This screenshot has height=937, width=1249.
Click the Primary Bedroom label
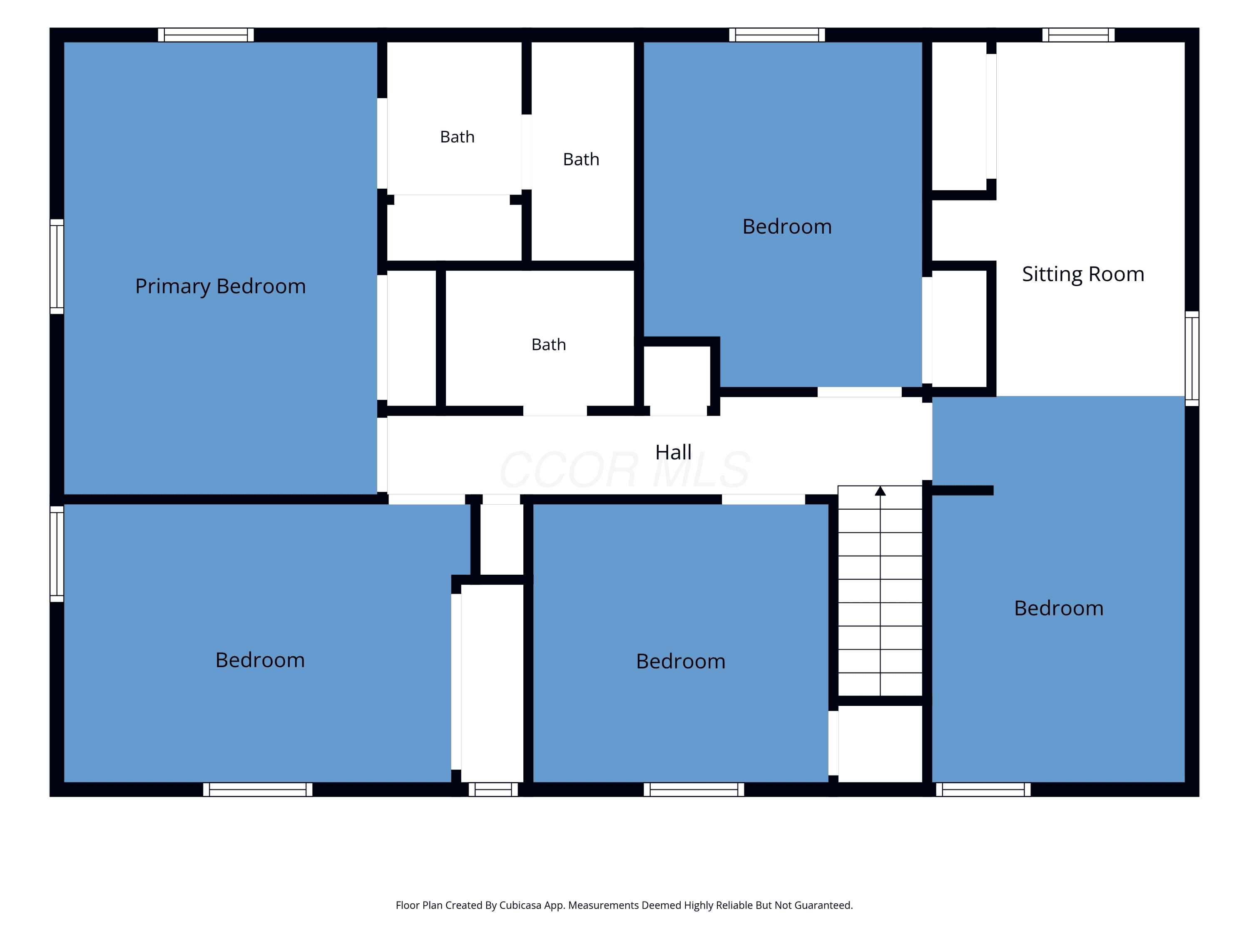point(220,287)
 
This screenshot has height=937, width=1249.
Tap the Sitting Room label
point(1083,274)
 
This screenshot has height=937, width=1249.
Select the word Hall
point(673,452)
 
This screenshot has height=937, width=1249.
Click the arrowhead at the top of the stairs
point(880,491)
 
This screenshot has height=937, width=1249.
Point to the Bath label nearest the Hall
point(548,344)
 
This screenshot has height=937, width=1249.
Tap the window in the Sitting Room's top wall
point(1078,35)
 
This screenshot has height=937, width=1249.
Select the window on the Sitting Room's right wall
point(1192,358)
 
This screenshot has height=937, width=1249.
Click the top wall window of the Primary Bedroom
point(206,35)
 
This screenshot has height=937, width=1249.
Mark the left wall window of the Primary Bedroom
point(57,266)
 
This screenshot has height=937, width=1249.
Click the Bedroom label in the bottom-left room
point(260,660)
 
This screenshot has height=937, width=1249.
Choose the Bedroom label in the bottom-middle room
point(680,661)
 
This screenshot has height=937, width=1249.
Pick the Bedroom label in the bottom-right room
point(1059,608)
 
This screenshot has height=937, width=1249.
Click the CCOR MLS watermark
point(624,469)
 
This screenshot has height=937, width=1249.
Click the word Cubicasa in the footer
point(520,905)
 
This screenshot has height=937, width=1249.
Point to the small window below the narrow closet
point(493,789)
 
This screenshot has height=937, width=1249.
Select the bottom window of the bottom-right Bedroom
point(983,789)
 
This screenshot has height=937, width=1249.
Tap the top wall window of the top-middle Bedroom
point(777,35)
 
